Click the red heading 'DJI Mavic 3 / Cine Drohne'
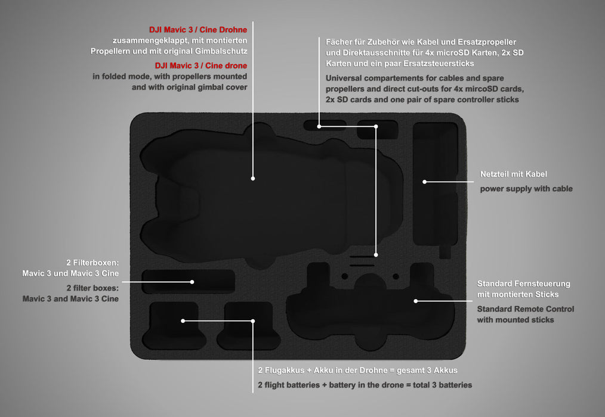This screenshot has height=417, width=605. [198, 30]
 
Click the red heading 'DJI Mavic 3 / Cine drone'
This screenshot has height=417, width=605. [201, 66]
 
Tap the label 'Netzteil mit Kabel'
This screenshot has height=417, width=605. [514, 174]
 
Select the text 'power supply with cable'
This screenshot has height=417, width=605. [526, 189]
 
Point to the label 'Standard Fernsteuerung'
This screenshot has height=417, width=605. [524, 284]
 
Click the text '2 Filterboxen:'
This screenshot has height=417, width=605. [92, 263]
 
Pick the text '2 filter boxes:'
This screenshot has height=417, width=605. [92, 288]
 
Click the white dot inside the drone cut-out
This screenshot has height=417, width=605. [253, 179]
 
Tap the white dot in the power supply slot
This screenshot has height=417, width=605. [424, 182]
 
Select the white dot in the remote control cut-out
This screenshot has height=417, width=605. [415, 301]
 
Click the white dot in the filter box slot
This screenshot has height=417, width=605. [192, 282]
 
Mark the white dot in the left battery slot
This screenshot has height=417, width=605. [183, 320]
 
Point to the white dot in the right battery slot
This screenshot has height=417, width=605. [253, 321]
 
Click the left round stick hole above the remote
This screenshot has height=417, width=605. [344, 276]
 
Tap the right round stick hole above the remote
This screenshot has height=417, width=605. [396, 276]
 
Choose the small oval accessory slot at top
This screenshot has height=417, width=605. [325, 125]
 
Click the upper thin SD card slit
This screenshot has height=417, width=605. [362, 256]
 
